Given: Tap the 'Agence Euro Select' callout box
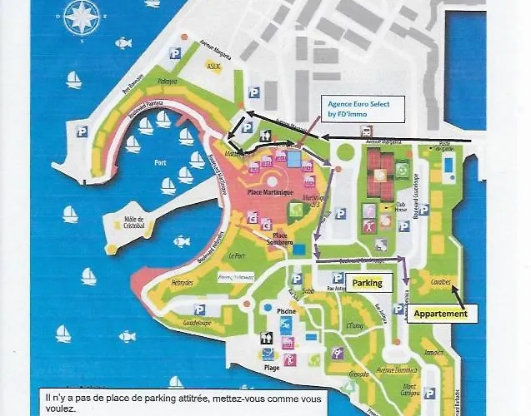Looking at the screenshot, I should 361,108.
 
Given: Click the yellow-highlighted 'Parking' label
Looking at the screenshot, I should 367,283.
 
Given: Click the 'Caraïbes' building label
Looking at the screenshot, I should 440,282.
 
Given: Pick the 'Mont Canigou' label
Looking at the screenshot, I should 408,391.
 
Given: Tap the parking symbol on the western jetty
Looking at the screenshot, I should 83,131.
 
